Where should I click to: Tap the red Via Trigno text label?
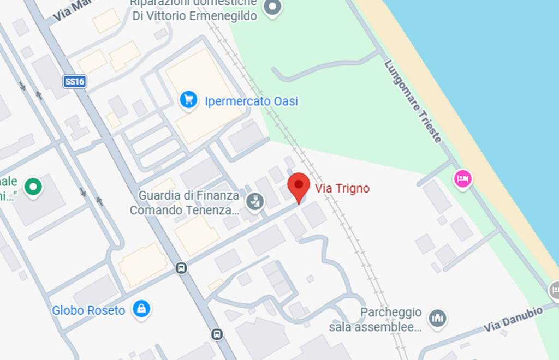[342, 189]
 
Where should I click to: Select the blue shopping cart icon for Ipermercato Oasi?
[188, 100]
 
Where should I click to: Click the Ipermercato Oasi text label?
[251, 101]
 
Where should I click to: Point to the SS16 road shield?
[74, 82]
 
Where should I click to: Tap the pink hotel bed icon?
[463, 178]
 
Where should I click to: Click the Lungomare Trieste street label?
[413, 101]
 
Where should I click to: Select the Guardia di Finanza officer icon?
[254, 202]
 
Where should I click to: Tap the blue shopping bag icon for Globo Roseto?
[142, 309]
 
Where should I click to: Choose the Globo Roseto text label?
[88, 310]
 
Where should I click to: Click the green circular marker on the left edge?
[33, 187]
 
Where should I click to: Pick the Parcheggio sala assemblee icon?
[437, 317]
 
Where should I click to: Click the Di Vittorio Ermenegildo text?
[195, 16]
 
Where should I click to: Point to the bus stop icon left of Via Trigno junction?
[181, 268]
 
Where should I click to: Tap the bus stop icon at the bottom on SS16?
[217, 334]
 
